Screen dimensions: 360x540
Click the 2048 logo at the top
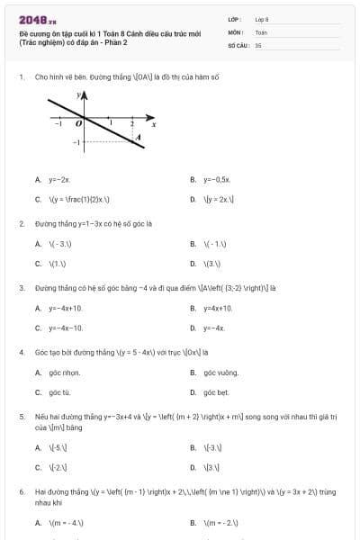click(x=36, y=20)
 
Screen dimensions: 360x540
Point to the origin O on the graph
click(x=78, y=122)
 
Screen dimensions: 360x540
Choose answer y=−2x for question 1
click(x=60, y=180)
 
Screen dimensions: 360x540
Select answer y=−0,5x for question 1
click(x=218, y=180)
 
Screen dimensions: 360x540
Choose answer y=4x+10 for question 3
click(x=219, y=309)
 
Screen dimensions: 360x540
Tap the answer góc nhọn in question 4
click(x=65, y=373)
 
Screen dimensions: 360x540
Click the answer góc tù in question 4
click(x=60, y=393)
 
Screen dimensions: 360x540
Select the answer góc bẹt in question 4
click(x=217, y=393)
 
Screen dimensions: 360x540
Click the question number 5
click(x=21, y=418)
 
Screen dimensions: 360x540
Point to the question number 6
click(x=21, y=492)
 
